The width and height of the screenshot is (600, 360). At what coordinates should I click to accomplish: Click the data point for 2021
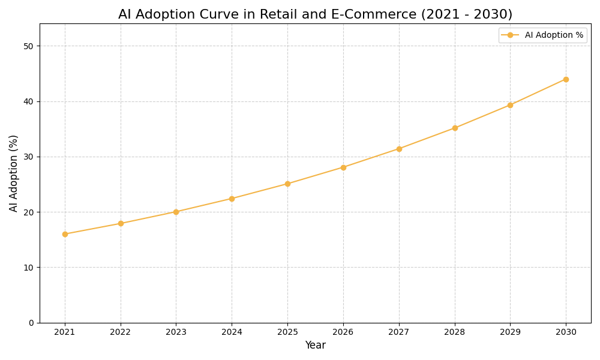tap(65, 234)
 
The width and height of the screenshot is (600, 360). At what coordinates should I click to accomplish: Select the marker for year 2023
tap(176, 212)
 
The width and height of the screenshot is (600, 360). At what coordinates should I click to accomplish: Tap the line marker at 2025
tap(287, 184)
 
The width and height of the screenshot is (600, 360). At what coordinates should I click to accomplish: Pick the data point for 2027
tap(399, 149)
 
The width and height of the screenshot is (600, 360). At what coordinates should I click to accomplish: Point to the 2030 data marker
tap(566, 79)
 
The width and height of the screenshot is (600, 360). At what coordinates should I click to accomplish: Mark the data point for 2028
tap(455, 128)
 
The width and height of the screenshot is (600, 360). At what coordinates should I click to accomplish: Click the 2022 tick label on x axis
tap(121, 332)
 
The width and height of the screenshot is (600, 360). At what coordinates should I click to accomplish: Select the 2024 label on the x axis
tap(232, 332)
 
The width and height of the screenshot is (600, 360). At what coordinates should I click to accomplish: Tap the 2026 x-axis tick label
tap(343, 332)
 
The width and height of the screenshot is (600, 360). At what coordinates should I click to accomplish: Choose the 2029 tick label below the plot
tap(510, 332)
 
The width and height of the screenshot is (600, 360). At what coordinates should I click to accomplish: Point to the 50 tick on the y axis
tap(29, 46)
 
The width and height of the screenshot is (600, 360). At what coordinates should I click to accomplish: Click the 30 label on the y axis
tap(29, 157)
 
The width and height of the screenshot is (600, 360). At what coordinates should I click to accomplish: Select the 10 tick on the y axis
tap(29, 268)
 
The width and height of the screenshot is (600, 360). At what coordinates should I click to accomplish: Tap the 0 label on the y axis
tap(31, 323)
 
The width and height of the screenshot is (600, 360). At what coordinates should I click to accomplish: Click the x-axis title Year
tap(315, 346)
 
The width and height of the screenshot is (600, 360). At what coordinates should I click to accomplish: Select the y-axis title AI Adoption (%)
tap(14, 173)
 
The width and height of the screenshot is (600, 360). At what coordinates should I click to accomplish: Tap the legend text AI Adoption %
tap(554, 35)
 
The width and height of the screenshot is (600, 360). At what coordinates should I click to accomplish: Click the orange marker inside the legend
tap(510, 35)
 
